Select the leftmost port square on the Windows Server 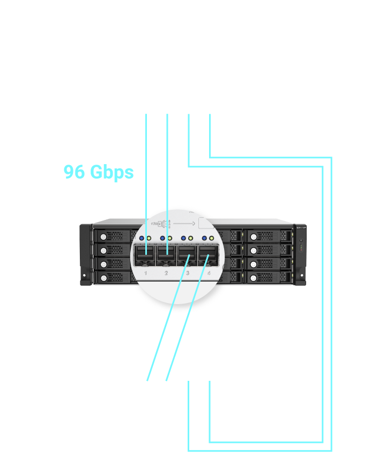tap(146, 114)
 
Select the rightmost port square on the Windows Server tap(210, 114)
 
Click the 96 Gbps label tap(99, 172)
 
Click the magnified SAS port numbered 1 tap(146, 254)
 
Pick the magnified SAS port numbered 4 tap(209, 254)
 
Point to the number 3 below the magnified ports tap(188, 273)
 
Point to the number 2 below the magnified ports tap(166, 273)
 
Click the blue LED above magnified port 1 tap(142, 238)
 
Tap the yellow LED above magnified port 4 tap(212, 238)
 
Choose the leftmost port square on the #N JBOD tap(146, 380)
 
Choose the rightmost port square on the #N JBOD tap(210, 380)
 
